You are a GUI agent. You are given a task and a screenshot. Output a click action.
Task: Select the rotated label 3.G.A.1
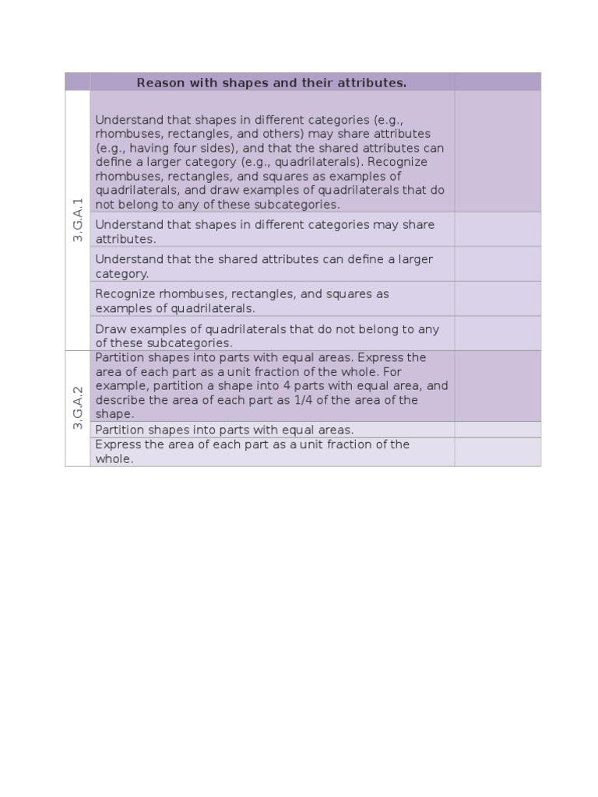pyautogui.click(x=77, y=220)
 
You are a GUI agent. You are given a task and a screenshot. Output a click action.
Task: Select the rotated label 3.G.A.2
pyautogui.click(x=77, y=408)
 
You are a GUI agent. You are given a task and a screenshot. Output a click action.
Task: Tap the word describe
pyautogui.click(x=119, y=400)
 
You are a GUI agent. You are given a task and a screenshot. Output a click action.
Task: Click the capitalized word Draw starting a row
pyautogui.click(x=109, y=329)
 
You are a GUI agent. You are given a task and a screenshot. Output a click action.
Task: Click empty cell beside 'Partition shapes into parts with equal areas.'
pyautogui.click(x=498, y=430)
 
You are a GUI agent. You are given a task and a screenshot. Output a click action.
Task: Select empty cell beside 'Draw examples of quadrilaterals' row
pyautogui.click(x=498, y=333)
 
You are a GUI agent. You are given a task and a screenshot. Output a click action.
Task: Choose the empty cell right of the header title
pyautogui.click(x=498, y=82)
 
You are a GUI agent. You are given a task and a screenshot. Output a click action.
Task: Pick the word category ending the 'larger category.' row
pyautogui.click(x=121, y=274)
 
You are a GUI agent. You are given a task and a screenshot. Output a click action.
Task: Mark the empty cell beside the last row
pyautogui.click(x=498, y=451)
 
